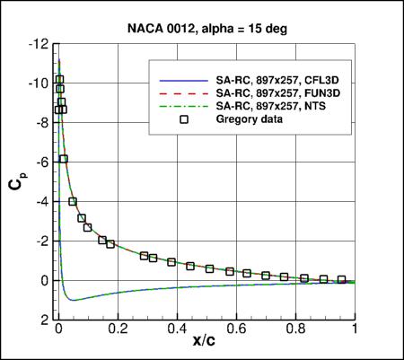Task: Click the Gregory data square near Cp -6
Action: click(64, 159)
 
